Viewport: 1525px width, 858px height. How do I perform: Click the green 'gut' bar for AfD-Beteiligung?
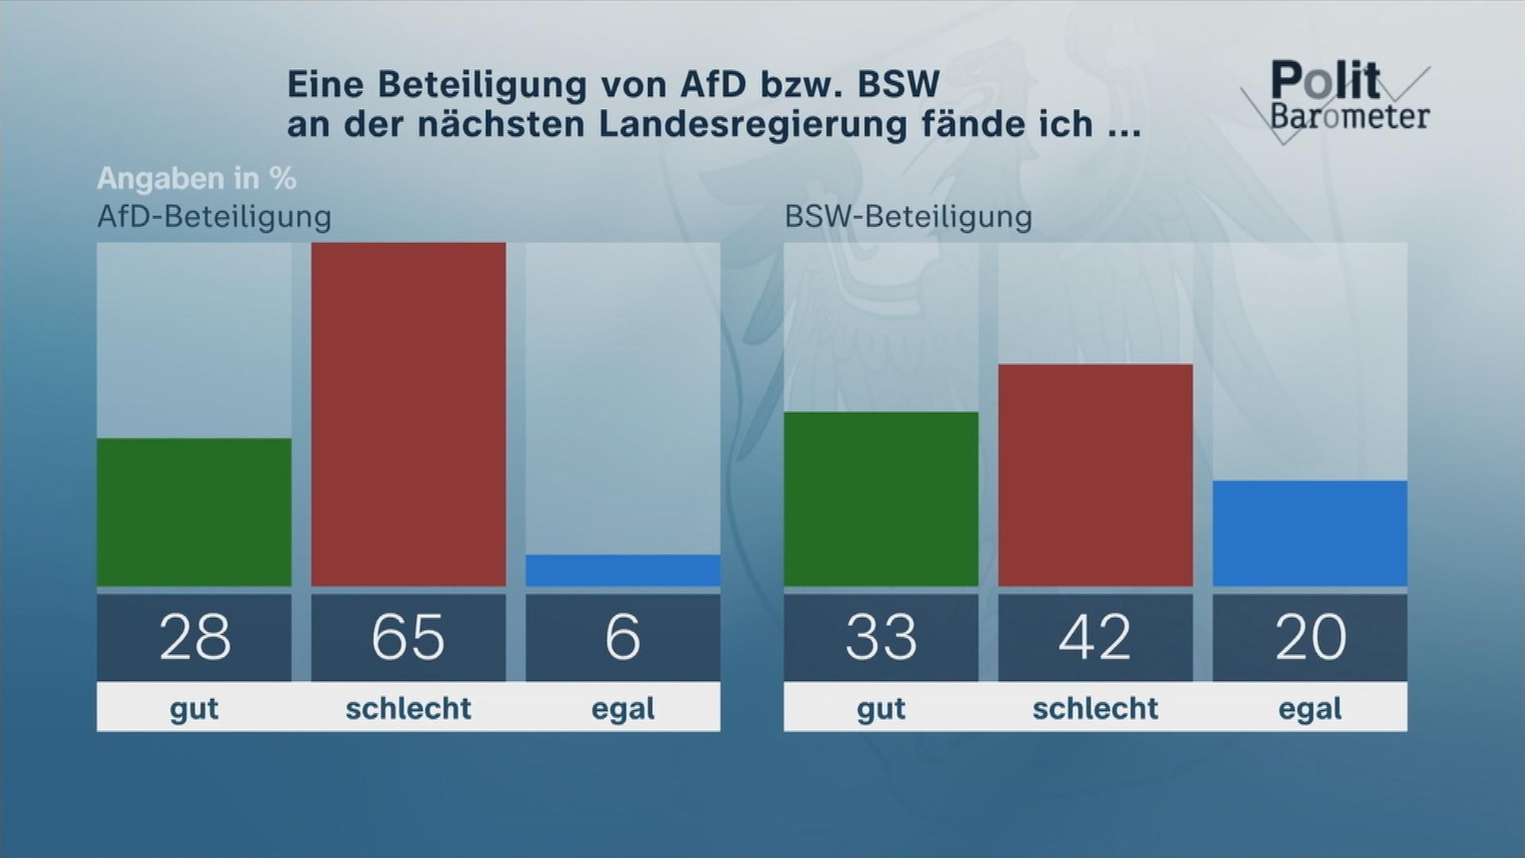tap(194, 512)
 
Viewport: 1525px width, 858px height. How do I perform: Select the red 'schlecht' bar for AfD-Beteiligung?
tap(408, 415)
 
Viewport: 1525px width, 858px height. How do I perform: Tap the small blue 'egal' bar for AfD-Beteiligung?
tap(623, 570)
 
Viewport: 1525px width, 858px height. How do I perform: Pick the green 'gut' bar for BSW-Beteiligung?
tap(881, 499)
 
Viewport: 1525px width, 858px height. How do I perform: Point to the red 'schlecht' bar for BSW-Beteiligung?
tap(1095, 475)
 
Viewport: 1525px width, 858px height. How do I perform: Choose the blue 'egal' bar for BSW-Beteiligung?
tap(1310, 533)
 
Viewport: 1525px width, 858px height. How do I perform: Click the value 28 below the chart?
tap(195, 637)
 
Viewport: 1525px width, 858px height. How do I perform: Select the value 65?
tap(408, 637)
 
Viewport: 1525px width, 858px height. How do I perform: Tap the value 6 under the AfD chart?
tap(623, 637)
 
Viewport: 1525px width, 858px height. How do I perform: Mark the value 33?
tap(881, 637)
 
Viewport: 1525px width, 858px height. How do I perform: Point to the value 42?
tap(1095, 637)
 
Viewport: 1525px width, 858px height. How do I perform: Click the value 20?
tap(1311, 637)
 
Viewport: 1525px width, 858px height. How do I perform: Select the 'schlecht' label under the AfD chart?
tap(408, 708)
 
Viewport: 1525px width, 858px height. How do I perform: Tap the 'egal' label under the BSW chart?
tap(1310, 708)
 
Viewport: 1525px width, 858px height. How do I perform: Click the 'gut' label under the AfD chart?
tap(194, 708)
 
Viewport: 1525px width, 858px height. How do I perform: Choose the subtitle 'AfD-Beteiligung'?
tap(214, 217)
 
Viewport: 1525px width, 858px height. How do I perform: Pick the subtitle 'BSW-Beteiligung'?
tap(909, 217)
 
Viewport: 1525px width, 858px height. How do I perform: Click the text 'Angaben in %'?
tap(196, 179)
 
